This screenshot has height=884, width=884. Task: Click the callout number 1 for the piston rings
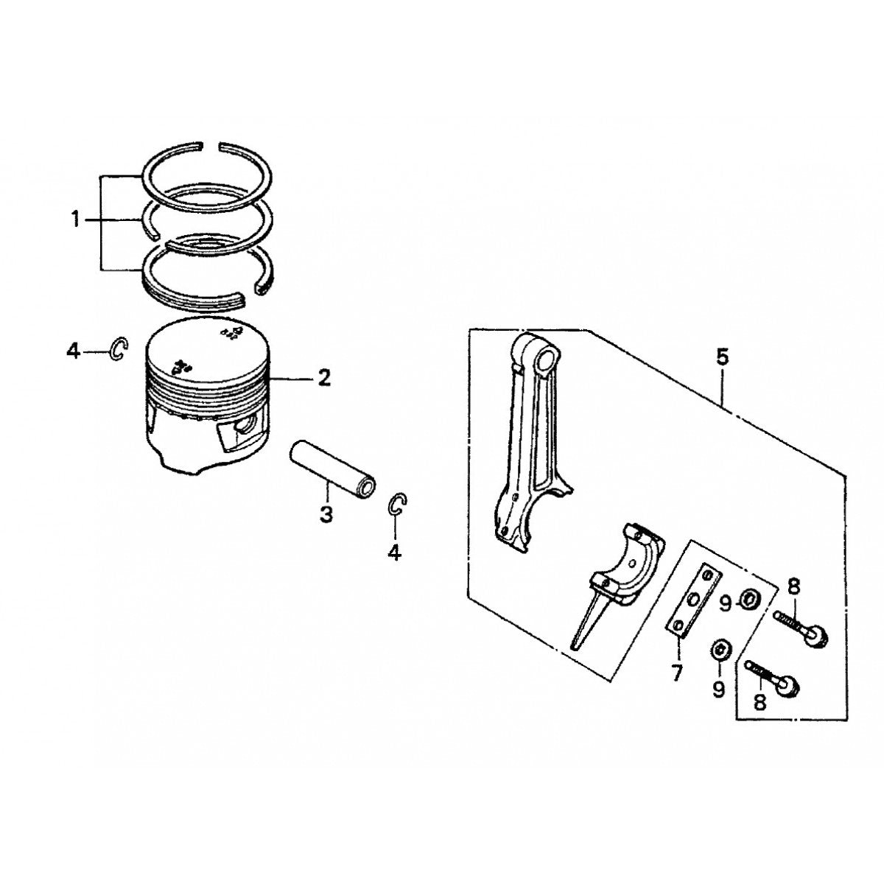tap(74, 220)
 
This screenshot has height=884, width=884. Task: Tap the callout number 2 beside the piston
tap(323, 379)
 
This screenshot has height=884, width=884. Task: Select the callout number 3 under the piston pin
tap(326, 513)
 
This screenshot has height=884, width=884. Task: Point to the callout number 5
tap(722, 357)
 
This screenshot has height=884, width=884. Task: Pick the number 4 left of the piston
tap(73, 352)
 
